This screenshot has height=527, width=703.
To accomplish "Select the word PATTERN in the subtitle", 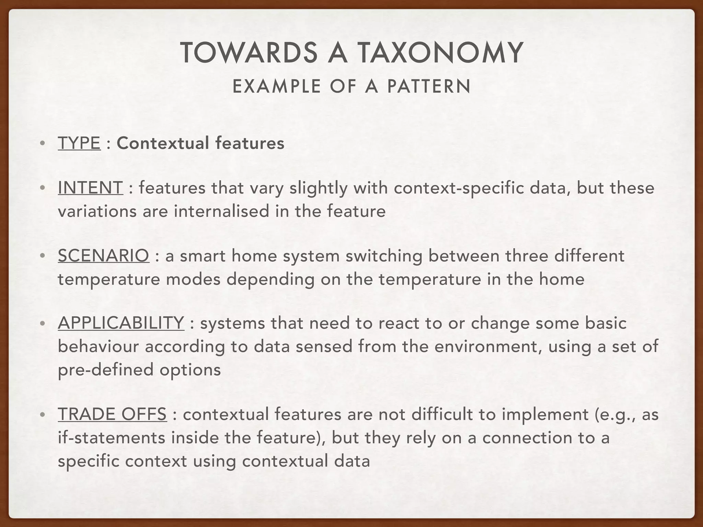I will click(x=429, y=86).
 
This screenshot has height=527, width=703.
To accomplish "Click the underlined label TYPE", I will click(x=79, y=143).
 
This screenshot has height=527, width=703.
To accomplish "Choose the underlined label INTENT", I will click(x=90, y=188).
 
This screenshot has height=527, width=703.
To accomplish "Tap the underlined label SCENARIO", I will click(x=103, y=256).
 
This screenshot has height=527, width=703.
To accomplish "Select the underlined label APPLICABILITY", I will click(x=121, y=323).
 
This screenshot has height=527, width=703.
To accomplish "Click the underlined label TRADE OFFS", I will click(x=112, y=414).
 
